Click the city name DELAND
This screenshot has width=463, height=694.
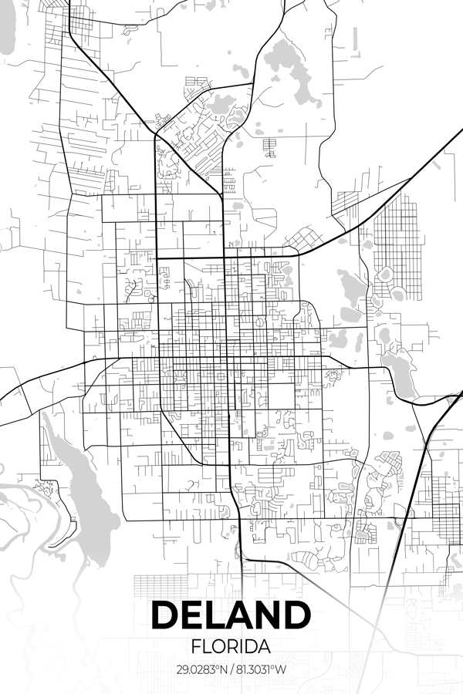click(x=231, y=615)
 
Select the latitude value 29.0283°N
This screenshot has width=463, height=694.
click(x=202, y=669)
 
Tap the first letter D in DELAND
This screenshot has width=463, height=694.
click(x=165, y=615)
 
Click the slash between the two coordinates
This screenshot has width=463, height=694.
click(x=232, y=669)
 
